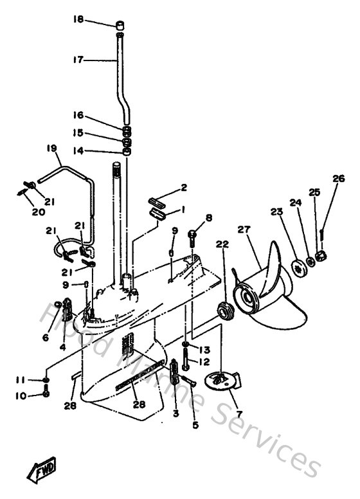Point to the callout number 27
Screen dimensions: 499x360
pyautogui.click(x=243, y=229)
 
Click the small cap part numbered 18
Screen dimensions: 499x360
pyautogui.click(x=120, y=26)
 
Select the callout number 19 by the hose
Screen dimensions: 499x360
pyautogui.click(x=52, y=149)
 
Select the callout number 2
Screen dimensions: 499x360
pyautogui.click(x=183, y=188)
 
